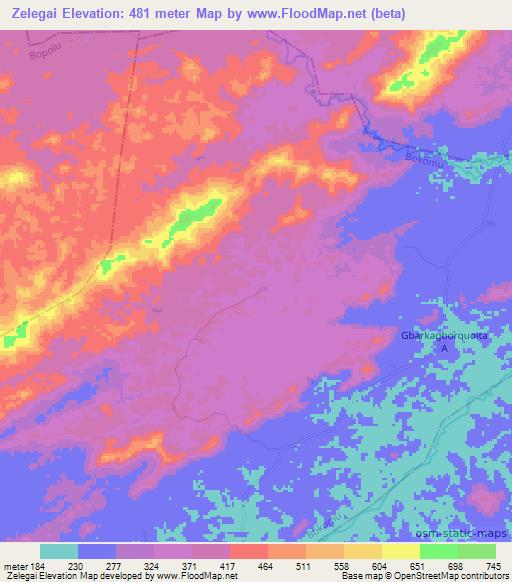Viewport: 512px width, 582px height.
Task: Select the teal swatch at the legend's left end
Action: pos(59,551)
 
